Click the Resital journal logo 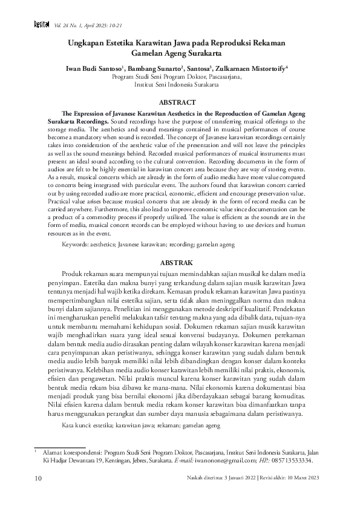[25, 25]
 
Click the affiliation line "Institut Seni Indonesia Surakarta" [180, 85]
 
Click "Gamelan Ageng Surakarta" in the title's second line [180, 54]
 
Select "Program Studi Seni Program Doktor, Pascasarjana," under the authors [180, 77]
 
